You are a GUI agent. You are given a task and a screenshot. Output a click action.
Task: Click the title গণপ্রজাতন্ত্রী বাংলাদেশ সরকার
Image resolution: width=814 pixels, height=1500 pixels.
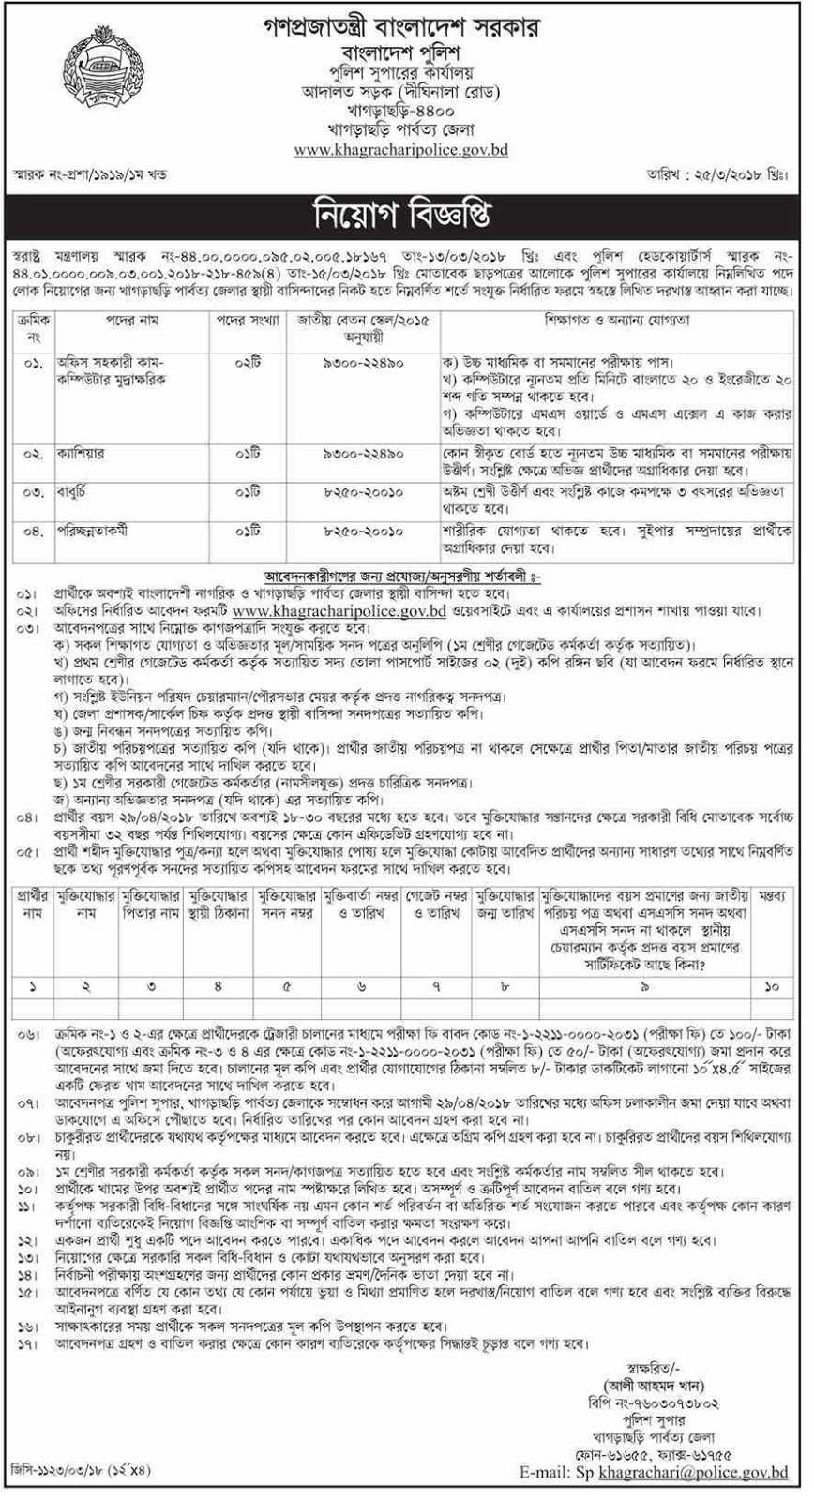tap(405, 21)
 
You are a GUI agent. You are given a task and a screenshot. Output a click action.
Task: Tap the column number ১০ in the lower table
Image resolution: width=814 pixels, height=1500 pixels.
tap(772, 988)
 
